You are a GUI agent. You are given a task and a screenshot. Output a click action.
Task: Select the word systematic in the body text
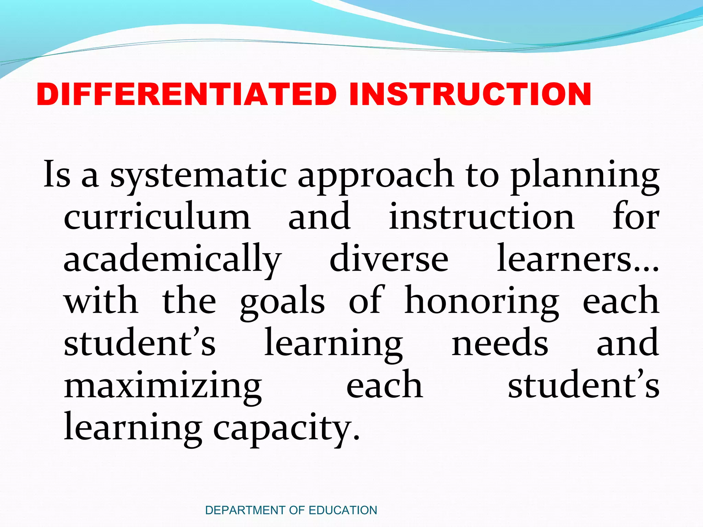pos(198,176)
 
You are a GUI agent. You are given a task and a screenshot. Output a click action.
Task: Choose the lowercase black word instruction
pos(482,217)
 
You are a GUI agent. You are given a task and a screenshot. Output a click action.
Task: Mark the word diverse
pos(389,259)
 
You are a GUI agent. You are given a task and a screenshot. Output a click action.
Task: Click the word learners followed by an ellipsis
pos(578,259)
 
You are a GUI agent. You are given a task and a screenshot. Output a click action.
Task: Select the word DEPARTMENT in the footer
pos(245,510)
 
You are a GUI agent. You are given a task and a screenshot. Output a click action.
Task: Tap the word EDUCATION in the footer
pos(343,510)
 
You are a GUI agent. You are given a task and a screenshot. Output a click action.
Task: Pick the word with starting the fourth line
pos(101,301)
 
